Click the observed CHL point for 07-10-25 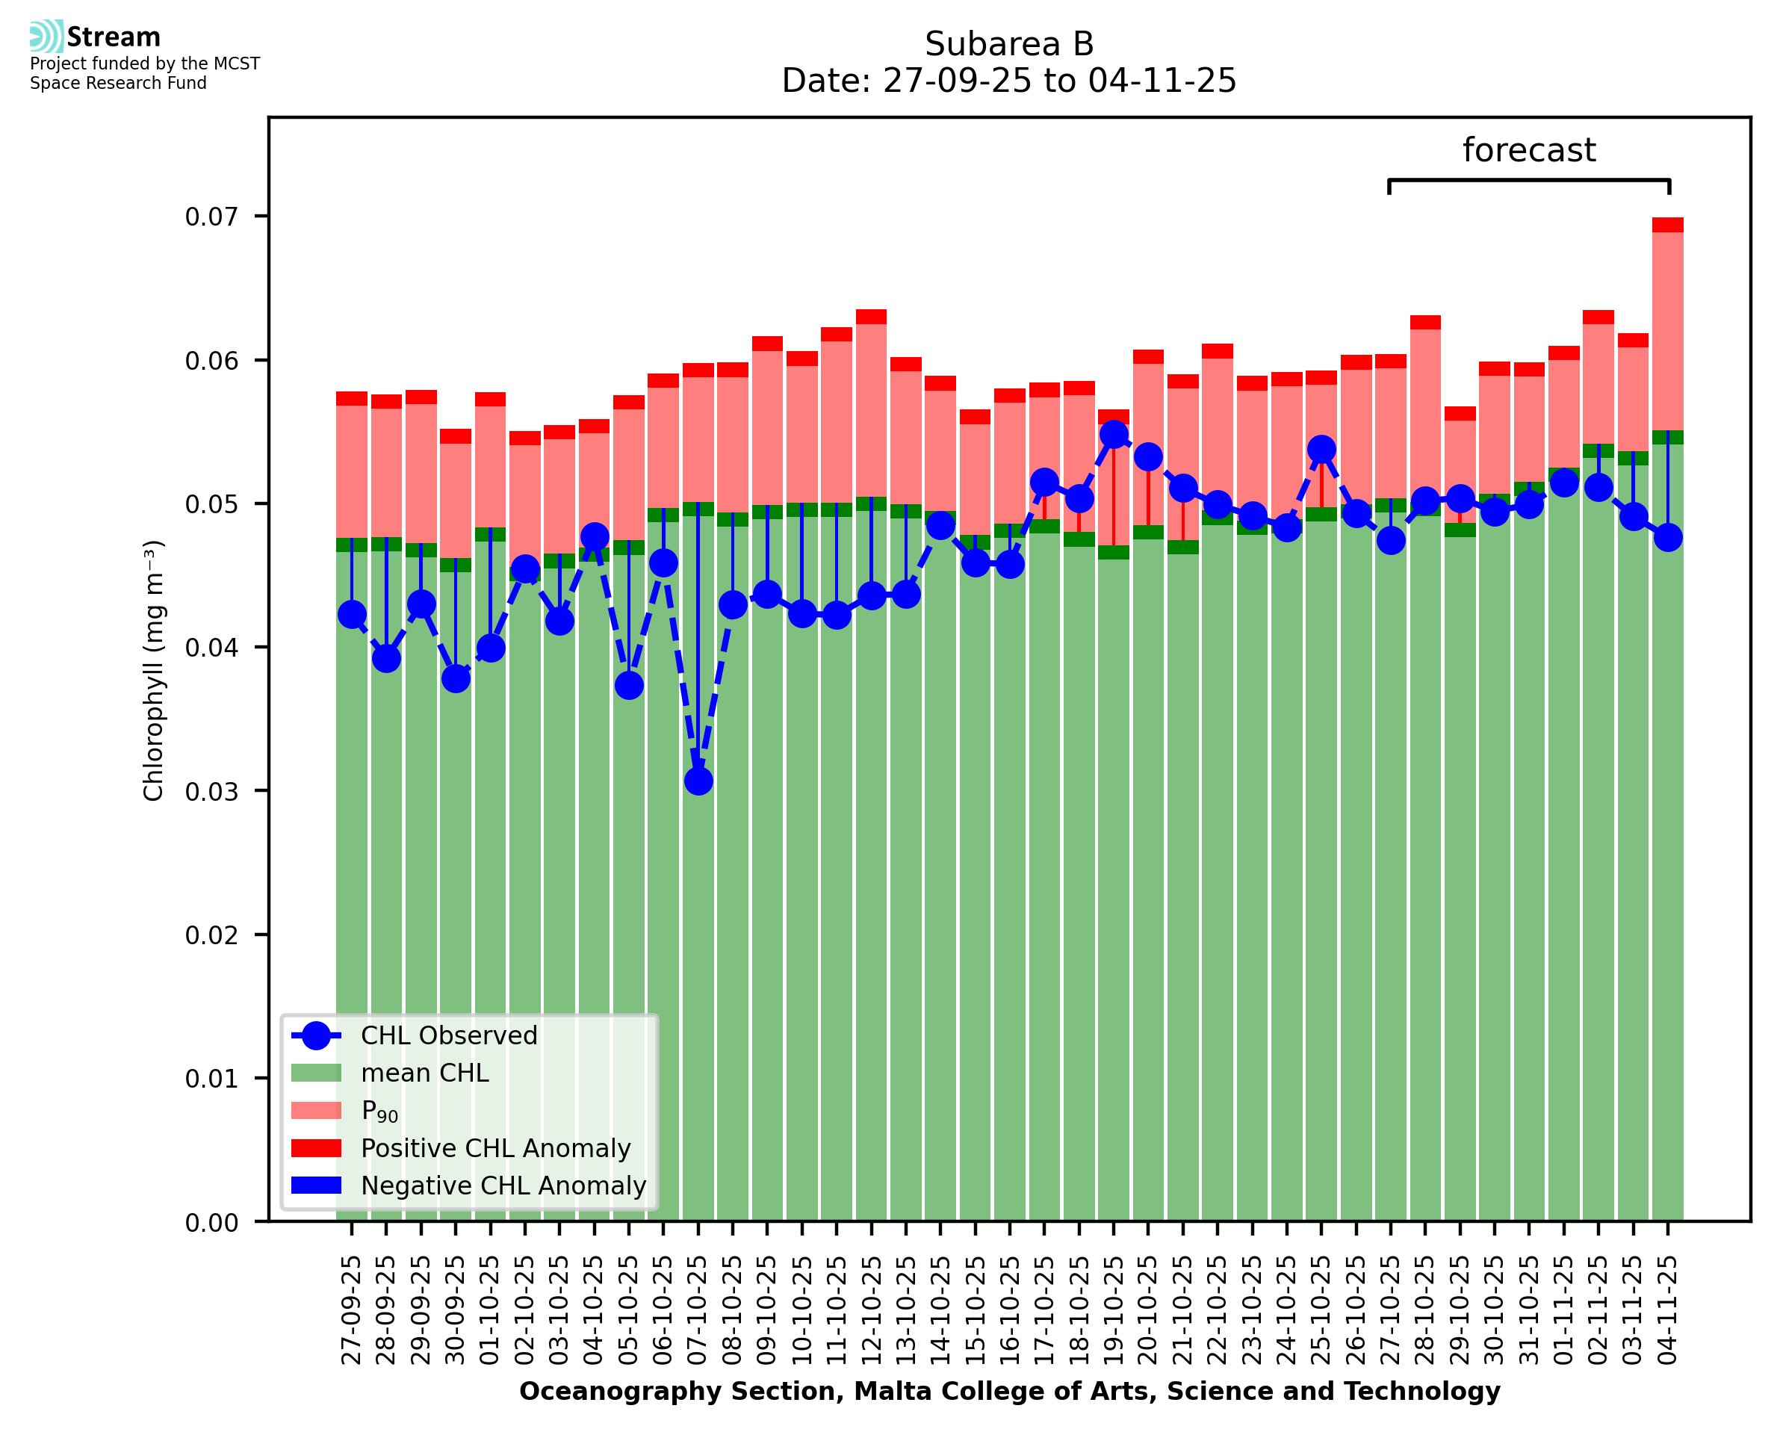click(698, 781)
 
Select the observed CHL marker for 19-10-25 click(1114, 434)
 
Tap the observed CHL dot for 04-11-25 click(1668, 537)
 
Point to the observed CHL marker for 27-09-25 click(352, 614)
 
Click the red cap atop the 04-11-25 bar click(1668, 225)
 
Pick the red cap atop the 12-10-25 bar click(871, 317)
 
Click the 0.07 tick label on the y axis click(211, 217)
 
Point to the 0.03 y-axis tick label click(211, 792)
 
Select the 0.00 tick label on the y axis click(211, 1224)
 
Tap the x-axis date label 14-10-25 click(940, 1311)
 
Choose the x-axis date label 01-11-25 click(1563, 1311)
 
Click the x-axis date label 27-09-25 click(352, 1311)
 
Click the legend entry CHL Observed click(449, 1036)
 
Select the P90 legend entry click(379, 1111)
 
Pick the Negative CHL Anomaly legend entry click(503, 1185)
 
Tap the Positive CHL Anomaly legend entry click(495, 1148)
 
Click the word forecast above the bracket click(1529, 150)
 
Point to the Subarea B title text click(1009, 44)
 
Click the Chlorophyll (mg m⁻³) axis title click(154, 670)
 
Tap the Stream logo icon click(46, 37)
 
